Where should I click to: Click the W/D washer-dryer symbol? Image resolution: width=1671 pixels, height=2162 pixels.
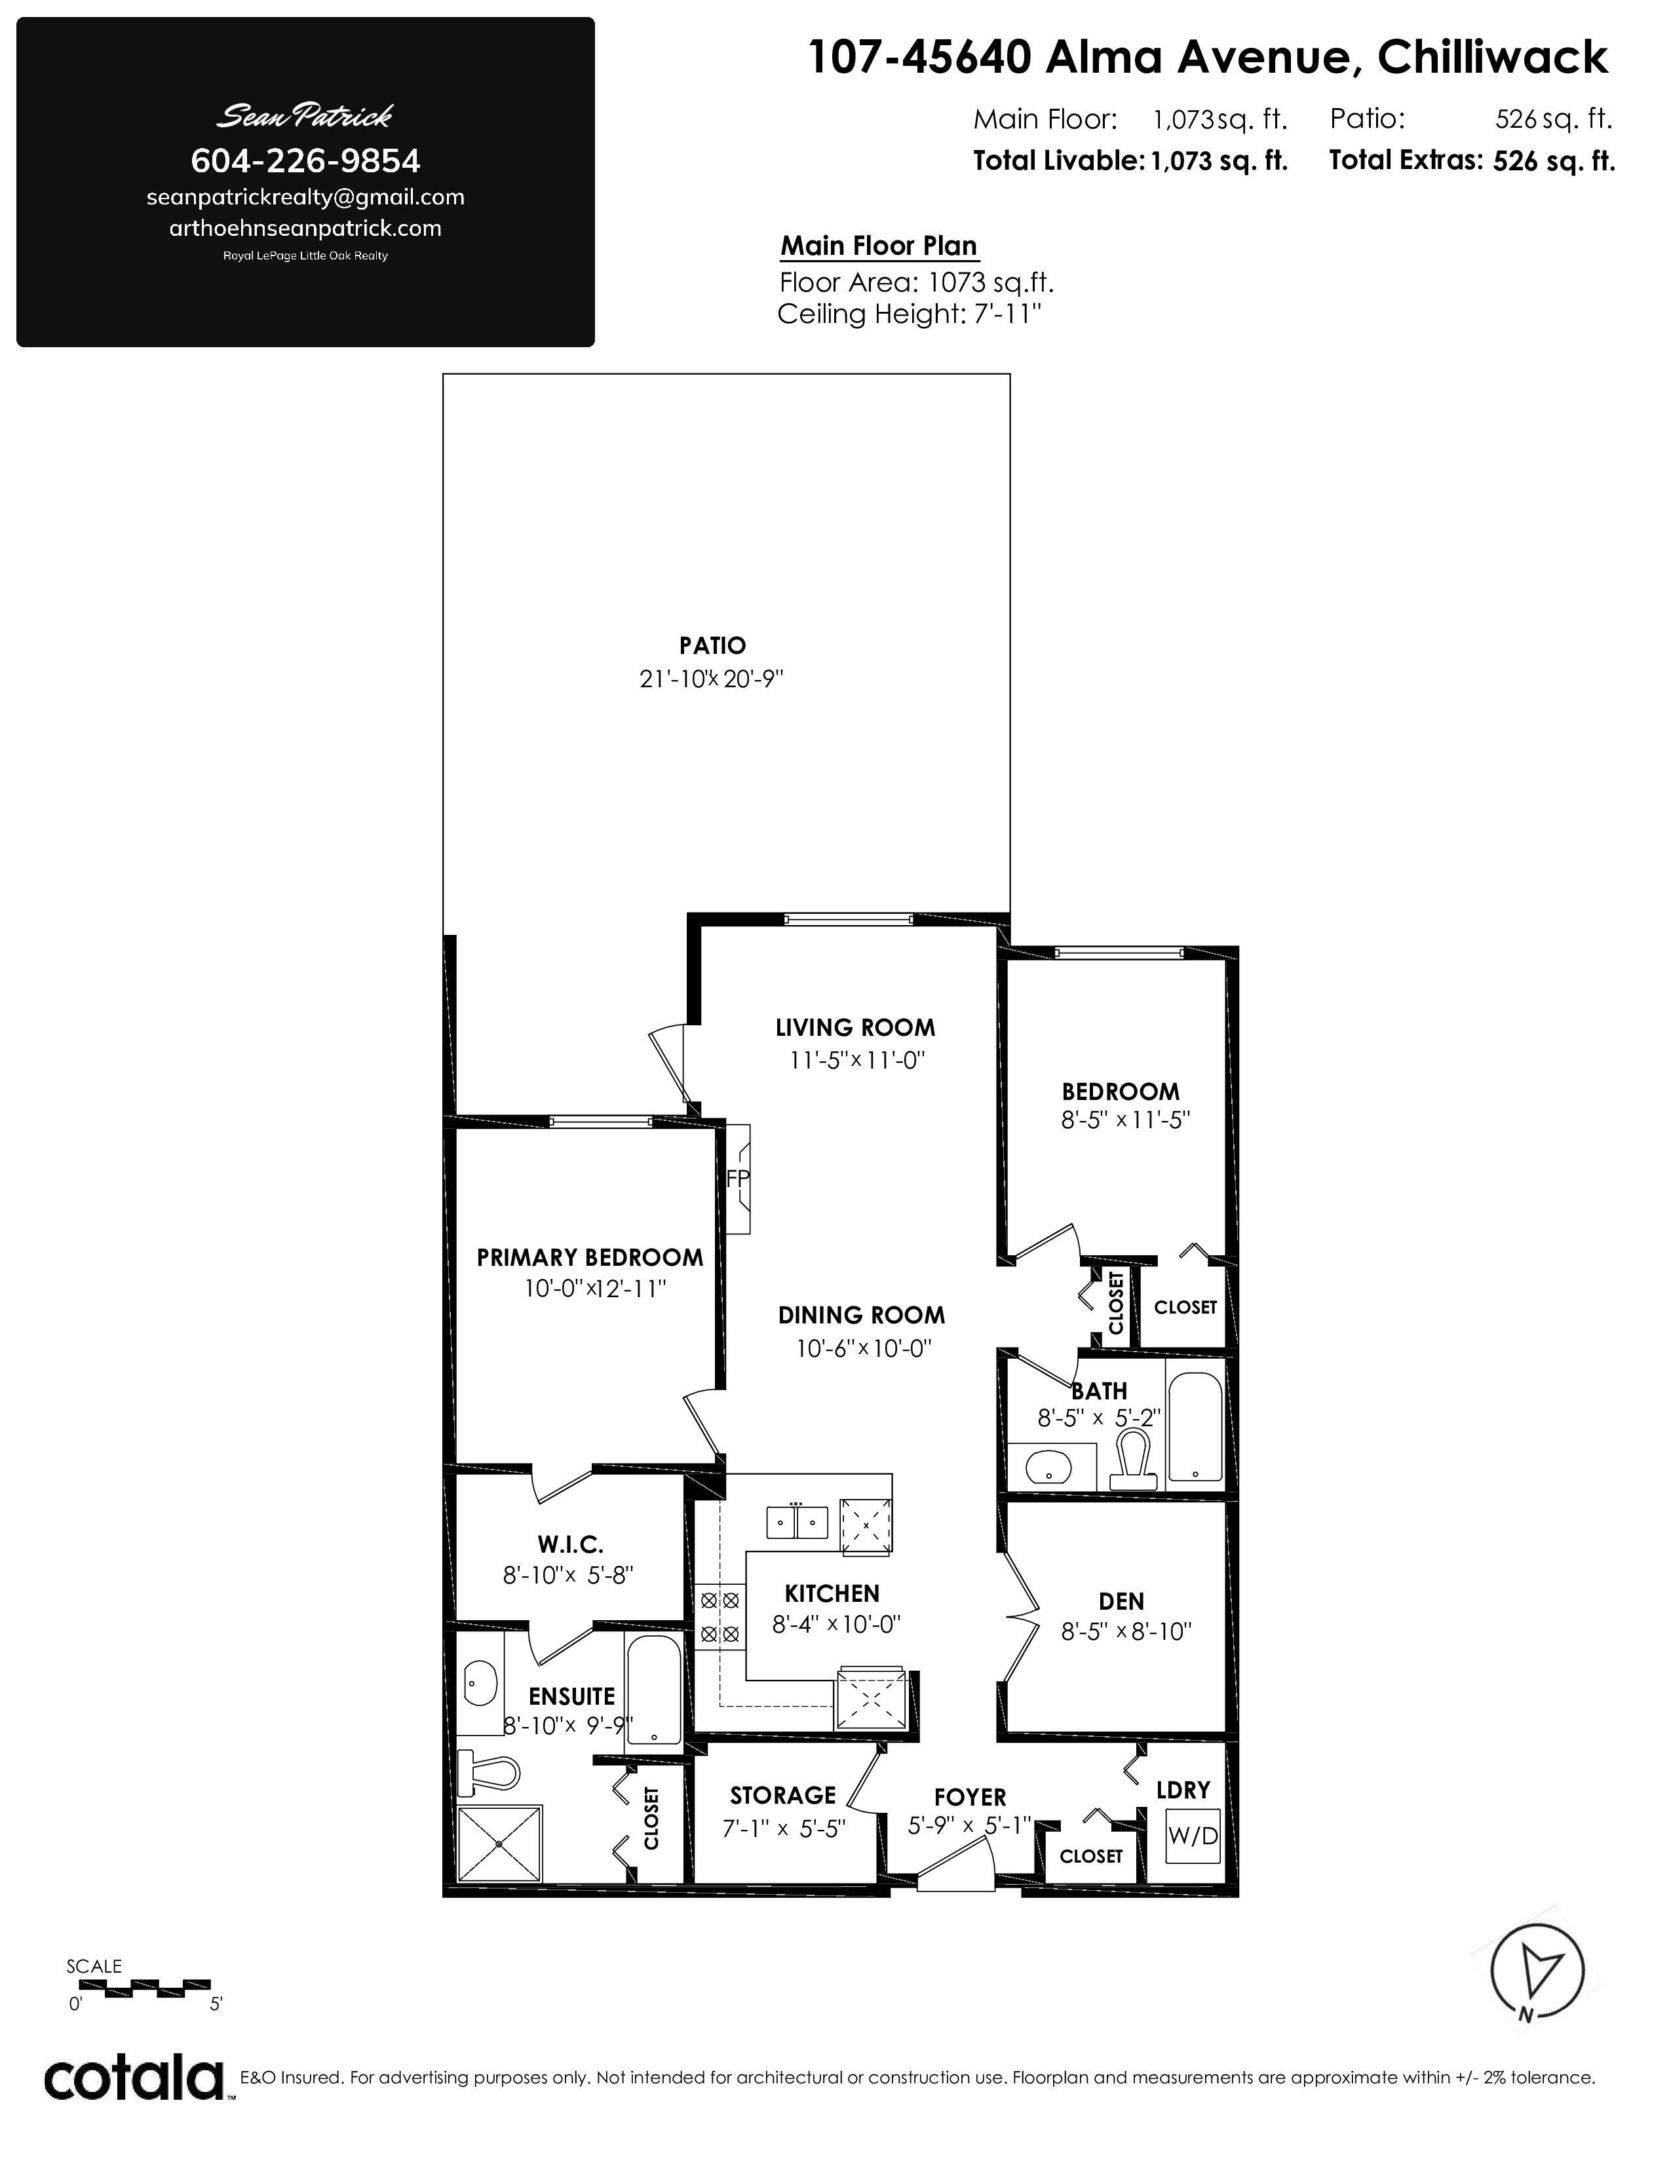1193,1835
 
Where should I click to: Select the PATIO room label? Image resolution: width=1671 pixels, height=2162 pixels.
713,645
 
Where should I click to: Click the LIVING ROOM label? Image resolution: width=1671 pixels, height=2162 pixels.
855,1027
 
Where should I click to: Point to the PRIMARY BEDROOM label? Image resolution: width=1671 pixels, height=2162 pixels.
590,1257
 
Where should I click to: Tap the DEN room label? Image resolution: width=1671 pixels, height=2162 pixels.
1122,1601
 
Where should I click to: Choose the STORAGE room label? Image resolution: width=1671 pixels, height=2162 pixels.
783,1794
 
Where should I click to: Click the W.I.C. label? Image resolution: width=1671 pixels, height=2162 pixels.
571,1544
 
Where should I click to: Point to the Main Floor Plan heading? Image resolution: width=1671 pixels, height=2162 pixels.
879,246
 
